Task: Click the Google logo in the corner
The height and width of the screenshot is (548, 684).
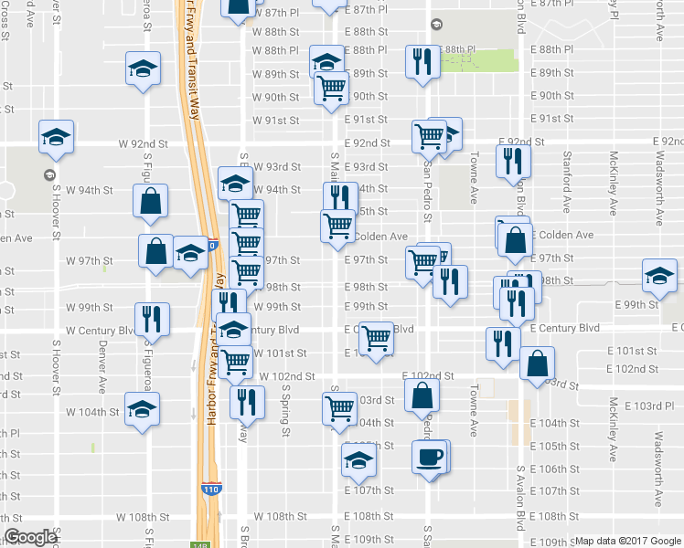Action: [x=30, y=537]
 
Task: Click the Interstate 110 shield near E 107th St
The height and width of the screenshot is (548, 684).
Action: [x=210, y=490]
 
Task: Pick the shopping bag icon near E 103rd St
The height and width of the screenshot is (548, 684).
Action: [x=422, y=395]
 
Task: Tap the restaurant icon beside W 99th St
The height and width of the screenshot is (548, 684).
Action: [x=152, y=320]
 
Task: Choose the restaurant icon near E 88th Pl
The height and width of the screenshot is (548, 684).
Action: [x=422, y=62]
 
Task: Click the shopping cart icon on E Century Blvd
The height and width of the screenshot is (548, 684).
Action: [x=377, y=338]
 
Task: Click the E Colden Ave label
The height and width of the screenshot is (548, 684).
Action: [x=561, y=235]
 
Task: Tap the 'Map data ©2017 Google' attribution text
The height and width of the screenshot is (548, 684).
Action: [x=628, y=541]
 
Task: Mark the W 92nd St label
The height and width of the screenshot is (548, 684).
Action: [x=144, y=143]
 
